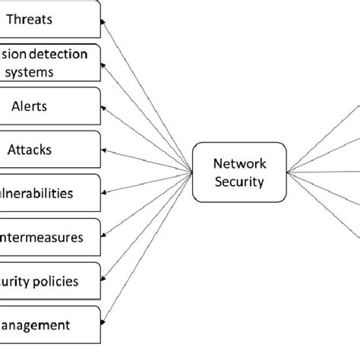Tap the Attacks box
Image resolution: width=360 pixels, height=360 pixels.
pyautogui.click(x=50, y=149)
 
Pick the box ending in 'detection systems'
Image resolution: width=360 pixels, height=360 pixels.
pyautogui.click(x=50, y=63)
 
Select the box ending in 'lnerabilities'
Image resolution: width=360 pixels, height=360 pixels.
pyautogui.click(x=50, y=192)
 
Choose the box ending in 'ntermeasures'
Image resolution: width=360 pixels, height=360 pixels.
pyautogui.click(x=50, y=237)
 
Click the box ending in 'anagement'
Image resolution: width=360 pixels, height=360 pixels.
pyautogui.click(x=50, y=324)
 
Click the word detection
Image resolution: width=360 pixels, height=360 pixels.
pyautogui.click(x=71, y=55)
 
